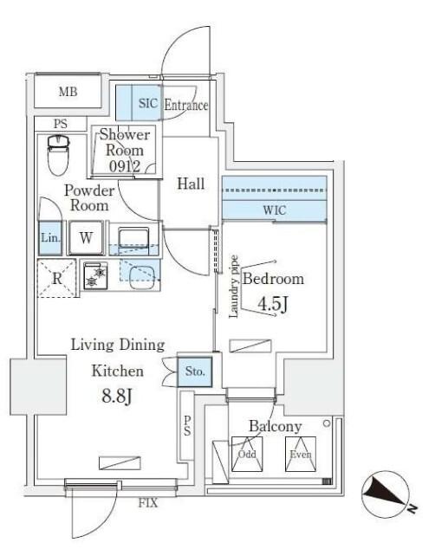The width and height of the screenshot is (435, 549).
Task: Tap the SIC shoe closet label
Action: pyautogui.click(x=147, y=105)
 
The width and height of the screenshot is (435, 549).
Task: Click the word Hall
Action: pyautogui.click(x=190, y=184)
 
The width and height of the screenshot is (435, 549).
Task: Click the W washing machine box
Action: pyautogui.click(x=86, y=237)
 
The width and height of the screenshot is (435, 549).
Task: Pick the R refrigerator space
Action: pyautogui.click(x=56, y=279)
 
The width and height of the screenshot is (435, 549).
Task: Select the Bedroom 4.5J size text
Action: pyautogui.click(x=272, y=306)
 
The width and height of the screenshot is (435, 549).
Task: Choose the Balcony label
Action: pyautogui.click(x=275, y=426)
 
